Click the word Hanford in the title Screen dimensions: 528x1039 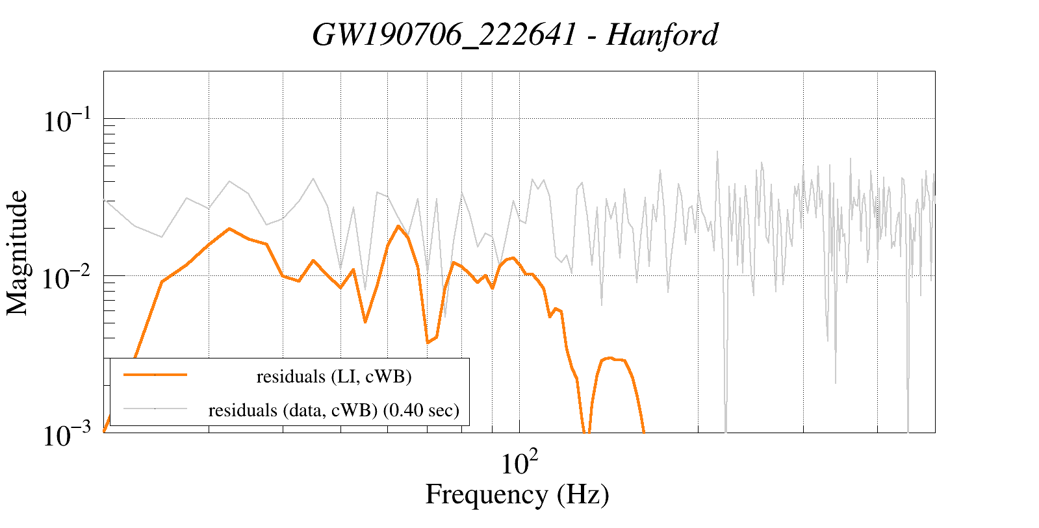coord(662,34)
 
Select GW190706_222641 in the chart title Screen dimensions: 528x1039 coord(444,34)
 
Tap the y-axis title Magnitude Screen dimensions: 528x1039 coord(18,253)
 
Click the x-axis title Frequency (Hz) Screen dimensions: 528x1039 coord(517,494)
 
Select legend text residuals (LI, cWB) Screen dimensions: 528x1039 coord(334,376)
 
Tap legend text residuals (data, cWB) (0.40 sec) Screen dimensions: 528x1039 coord(334,410)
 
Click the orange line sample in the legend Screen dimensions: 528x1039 coord(155,375)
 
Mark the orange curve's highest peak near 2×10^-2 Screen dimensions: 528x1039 coord(398,226)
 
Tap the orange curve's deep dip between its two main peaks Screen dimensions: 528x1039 coord(428,342)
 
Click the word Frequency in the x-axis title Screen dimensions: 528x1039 coord(486,494)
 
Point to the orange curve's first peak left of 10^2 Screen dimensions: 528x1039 coord(229,229)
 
